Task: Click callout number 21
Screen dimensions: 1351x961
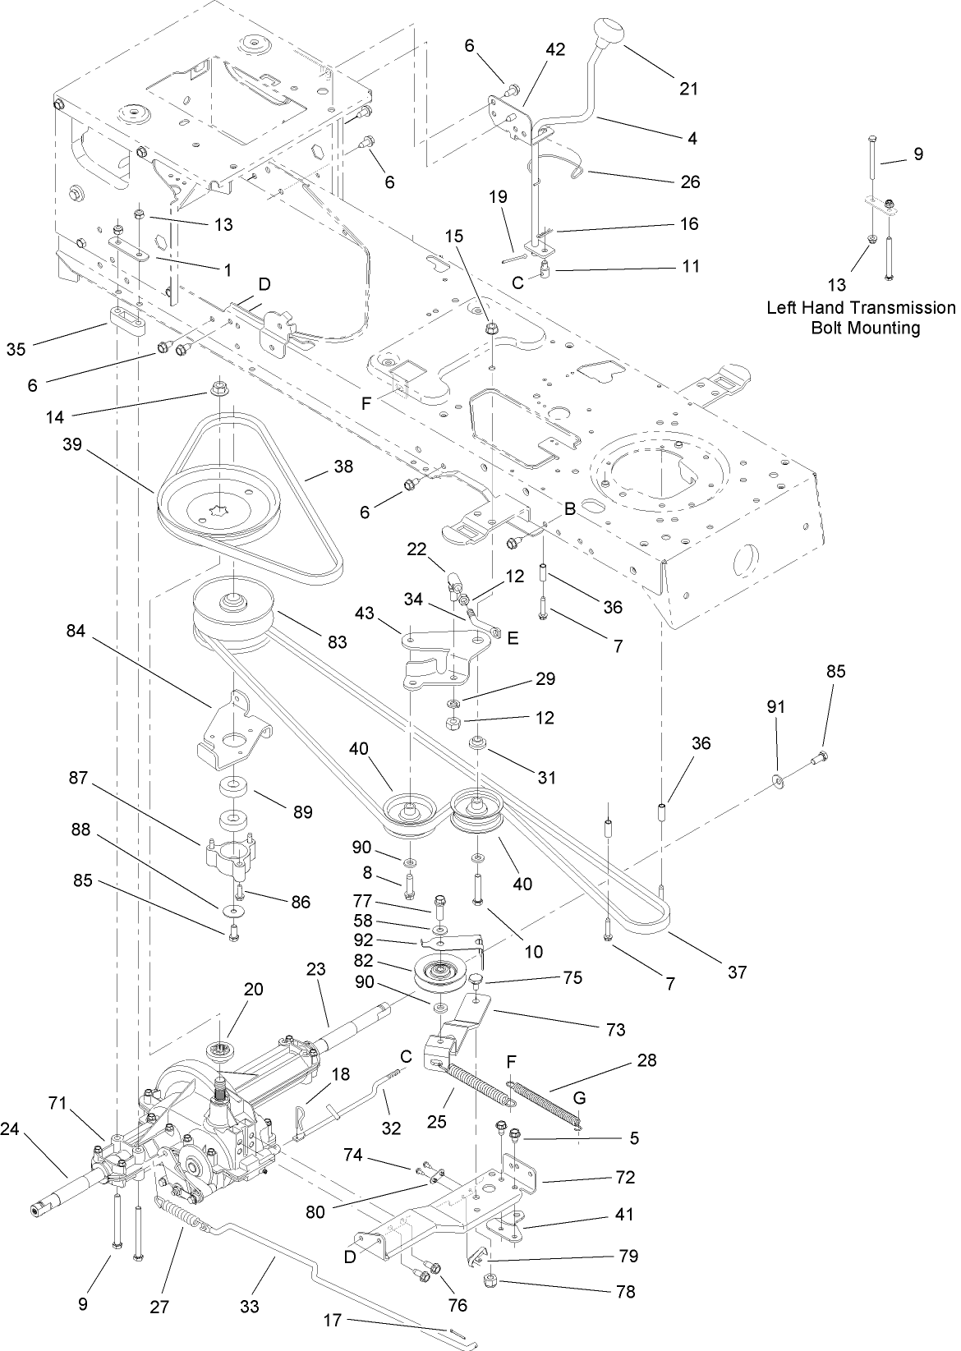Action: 688,88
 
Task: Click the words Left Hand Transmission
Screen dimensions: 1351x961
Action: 861,308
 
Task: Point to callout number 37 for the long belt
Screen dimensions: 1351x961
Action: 737,972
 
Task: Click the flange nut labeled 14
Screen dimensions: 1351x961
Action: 218,387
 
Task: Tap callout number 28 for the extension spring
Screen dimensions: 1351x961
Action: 647,1060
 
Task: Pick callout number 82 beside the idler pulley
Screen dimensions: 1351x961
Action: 387,961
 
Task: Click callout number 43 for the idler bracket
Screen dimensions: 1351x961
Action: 365,613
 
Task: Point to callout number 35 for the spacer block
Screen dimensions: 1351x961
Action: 16,348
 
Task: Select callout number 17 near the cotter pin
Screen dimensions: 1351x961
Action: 333,1321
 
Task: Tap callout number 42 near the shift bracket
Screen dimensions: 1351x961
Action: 555,49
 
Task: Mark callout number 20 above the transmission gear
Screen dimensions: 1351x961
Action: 253,989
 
